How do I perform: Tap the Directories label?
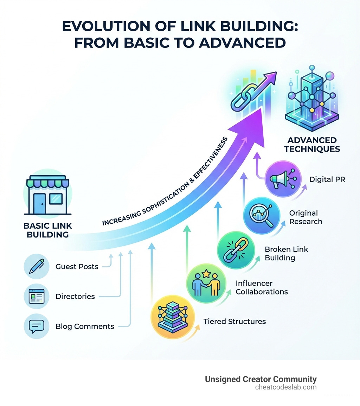pos(75,297)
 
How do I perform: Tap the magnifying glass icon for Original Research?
pos(262,215)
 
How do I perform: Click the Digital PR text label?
pos(327,179)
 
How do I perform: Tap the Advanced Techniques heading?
pos(312,145)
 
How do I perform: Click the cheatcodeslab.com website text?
pos(286,387)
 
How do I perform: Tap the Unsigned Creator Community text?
pos(261,379)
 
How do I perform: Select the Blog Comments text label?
pos(85,326)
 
